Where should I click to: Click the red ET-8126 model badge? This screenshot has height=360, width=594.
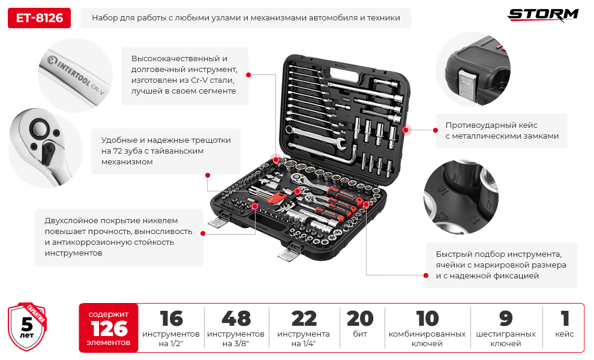pos(40,18)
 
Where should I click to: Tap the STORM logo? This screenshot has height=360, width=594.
pos(543,15)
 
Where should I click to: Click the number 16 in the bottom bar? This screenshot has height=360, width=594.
pos(171,319)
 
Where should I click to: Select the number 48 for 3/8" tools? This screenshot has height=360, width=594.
pos(236,319)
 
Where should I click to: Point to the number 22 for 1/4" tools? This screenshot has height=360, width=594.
pos(304,319)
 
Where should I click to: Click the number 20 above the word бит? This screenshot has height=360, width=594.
pos(360,319)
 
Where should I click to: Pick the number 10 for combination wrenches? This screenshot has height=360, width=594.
pos(427,319)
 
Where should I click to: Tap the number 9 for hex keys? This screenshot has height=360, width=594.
pos(506,319)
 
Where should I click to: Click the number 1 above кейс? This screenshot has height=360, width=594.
pos(565,319)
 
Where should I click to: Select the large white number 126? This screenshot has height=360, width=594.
pos(109,329)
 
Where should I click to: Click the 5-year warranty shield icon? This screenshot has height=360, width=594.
pos(27,326)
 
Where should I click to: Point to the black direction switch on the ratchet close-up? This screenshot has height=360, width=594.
pos(47,152)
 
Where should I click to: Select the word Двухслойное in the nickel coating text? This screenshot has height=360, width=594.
pos(71,221)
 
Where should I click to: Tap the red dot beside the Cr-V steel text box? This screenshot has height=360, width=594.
pos(248,75)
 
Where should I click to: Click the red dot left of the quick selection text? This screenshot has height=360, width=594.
pos(426,275)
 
